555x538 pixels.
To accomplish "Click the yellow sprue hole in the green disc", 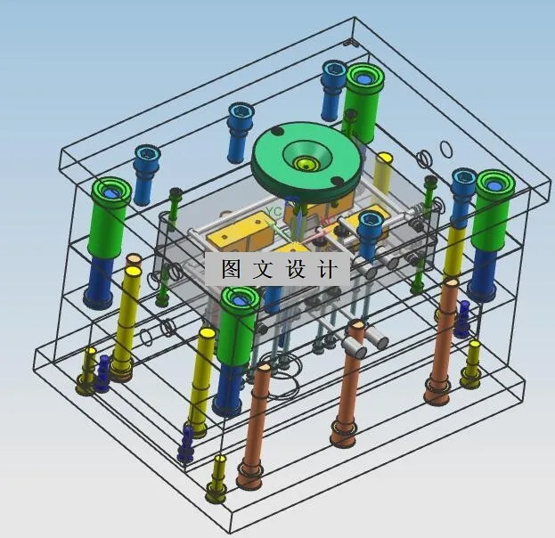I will [x=306, y=164].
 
